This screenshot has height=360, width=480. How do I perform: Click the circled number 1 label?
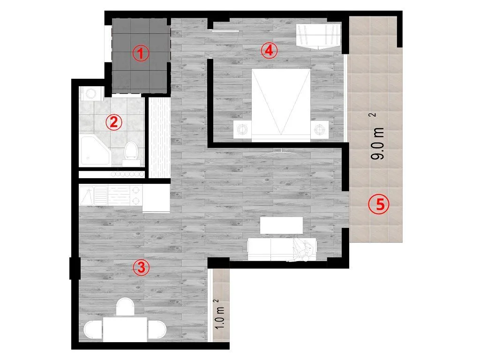tap(141, 53)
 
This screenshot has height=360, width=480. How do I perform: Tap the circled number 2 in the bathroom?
tap(114, 122)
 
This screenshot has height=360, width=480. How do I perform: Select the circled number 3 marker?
tap(141, 268)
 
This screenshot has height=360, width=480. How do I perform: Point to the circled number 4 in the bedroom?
tap(269, 51)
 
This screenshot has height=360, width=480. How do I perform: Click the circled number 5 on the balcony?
tap(379, 204)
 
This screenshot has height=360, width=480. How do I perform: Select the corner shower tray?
tap(95, 150)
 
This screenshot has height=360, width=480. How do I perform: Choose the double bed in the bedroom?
tap(281, 105)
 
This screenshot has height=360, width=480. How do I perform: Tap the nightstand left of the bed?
tap(242, 129)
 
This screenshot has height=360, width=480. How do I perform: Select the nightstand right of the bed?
tap(320, 129)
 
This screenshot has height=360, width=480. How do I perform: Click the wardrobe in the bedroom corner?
tap(318, 36)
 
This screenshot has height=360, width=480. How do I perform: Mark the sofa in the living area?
tap(282, 249)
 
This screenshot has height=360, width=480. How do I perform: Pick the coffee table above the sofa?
tap(281, 225)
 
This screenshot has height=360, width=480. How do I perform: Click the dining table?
tap(125, 329)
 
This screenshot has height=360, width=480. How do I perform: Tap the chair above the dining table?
tap(125, 307)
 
